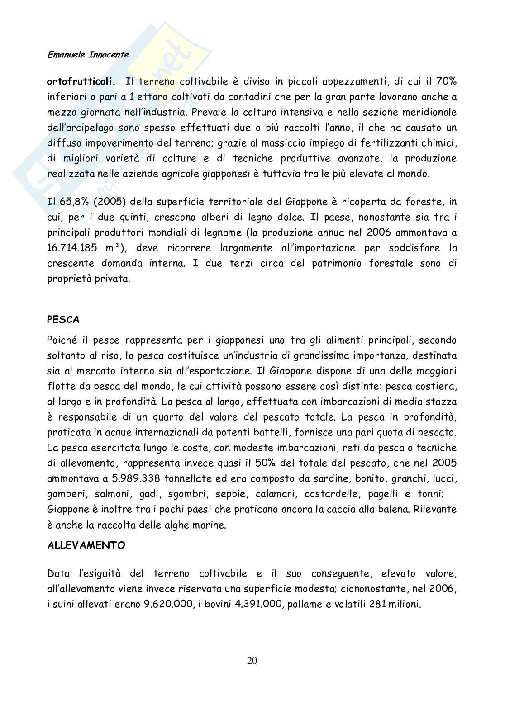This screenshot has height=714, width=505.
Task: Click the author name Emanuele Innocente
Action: click(88, 55)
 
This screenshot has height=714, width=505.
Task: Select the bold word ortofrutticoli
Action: click(80, 82)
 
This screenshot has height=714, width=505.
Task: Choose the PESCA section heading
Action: click(63, 320)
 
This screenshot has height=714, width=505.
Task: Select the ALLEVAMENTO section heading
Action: click(86, 545)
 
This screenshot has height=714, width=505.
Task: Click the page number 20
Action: click(252, 661)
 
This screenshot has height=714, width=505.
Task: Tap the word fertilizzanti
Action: click(389, 143)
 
